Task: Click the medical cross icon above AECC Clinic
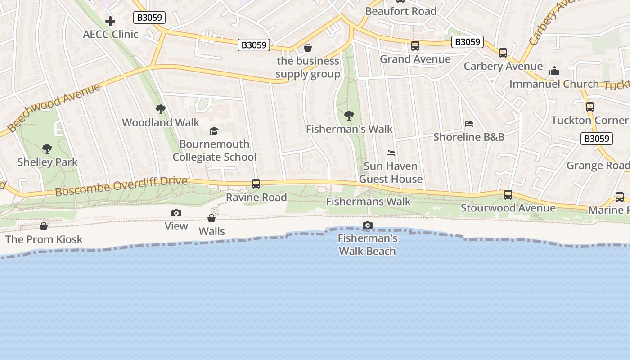(110, 21)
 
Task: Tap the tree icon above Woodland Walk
(160, 109)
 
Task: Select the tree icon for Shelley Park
(47, 149)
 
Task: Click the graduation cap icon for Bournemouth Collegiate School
(214, 131)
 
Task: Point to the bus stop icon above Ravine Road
(256, 184)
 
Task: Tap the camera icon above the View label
(176, 213)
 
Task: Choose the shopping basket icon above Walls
(211, 219)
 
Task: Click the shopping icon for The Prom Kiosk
(44, 226)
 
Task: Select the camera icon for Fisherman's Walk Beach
(368, 225)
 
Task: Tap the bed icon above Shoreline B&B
(469, 124)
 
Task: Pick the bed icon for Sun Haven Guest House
(390, 153)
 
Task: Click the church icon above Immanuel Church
(554, 71)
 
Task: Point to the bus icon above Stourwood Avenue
(508, 195)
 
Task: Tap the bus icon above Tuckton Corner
(590, 107)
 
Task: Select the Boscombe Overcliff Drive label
(121, 186)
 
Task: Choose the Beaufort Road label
(400, 11)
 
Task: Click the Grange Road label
(598, 166)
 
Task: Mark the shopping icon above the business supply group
(308, 48)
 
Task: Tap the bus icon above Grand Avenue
(415, 46)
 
